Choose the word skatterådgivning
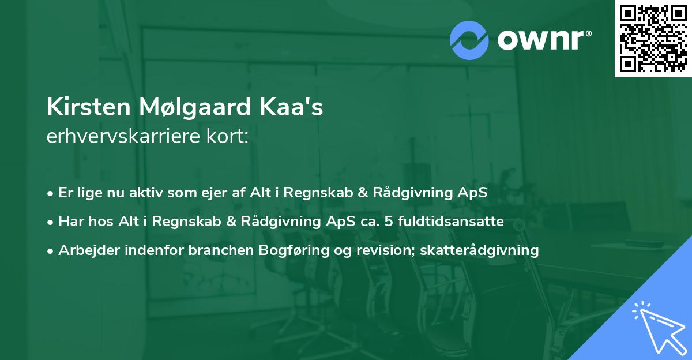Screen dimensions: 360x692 click(x=480, y=250)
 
